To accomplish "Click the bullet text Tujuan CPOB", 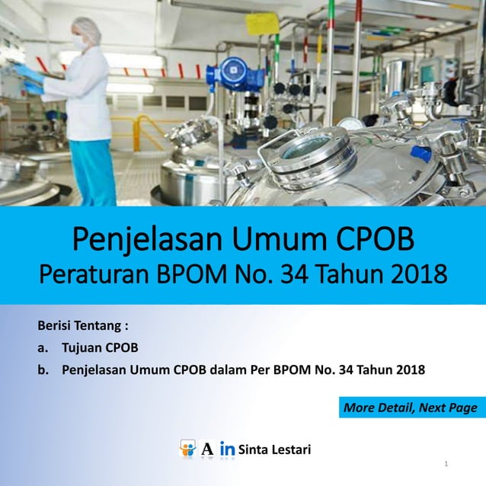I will (x=100, y=349).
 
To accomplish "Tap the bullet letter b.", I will (x=43, y=371).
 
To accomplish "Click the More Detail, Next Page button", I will (x=410, y=408).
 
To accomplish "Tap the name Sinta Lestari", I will (x=274, y=449).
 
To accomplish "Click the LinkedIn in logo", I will (x=226, y=449).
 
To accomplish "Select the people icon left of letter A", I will (x=187, y=449).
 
